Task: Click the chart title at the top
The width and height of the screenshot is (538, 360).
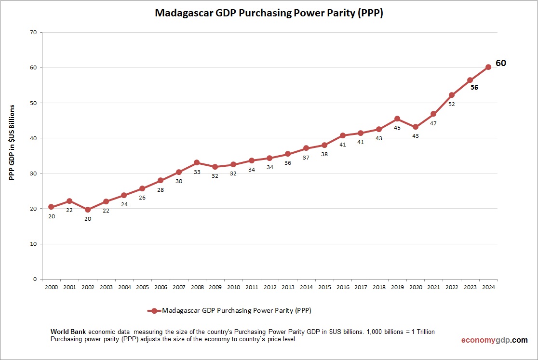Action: pyautogui.click(x=269, y=13)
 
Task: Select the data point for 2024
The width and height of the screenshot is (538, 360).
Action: pyautogui.click(x=488, y=67)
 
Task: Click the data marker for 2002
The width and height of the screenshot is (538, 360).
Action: pyautogui.click(x=88, y=210)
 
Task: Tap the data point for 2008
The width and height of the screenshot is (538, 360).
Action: pyautogui.click(x=197, y=162)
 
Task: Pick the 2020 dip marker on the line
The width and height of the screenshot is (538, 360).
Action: pyautogui.click(x=415, y=127)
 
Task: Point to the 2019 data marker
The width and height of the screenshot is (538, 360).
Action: pyautogui.click(x=397, y=119)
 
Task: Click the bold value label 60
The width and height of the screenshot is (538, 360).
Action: pyautogui.click(x=501, y=63)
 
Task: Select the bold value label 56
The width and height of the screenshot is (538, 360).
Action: pyautogui.click(x=474, y=88)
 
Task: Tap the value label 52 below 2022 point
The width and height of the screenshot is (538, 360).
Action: pyautogui.click(x=452, y=104)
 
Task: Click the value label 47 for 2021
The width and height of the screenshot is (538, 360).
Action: pyautogui.click(x=433, y=123)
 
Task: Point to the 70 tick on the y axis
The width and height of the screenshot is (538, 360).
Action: pyautogui.click(x=33, y=33)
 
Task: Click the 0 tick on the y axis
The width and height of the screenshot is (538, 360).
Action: pyautogui.click(x=35, y=279)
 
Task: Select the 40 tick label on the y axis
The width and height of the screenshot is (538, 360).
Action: pyautogui.click(x=33, y=138)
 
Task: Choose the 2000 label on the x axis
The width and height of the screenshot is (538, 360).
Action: pyautogui.click(x=51, y=288)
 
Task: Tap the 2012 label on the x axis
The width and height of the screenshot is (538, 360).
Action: pyautogui.click(x=269, y=288)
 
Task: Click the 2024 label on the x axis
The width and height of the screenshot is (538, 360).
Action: pyautogui.click(x=488, y=288)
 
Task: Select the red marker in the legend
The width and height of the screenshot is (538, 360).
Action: pyautogui.click(x=154, y=311)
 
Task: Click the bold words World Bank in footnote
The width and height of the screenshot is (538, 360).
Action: pyautogui.click(x=68, y=332)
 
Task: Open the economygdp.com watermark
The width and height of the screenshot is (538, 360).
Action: pyautogui.click(x=494, y=340)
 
